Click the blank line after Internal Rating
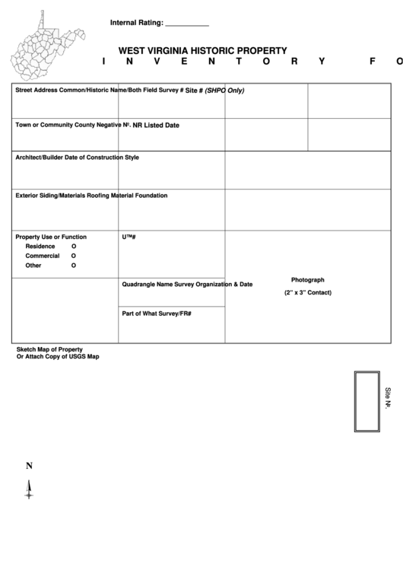pyautogui.click(x=186, y=24)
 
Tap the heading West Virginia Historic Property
pyautogui.click(x=202, y=51)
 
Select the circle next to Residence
pyautogui.click(x=74, y=247)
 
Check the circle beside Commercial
pyautogui.click(x=74, y=256)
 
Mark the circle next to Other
pyautogui.click(x=74, y=266)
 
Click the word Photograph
pyautogui.click(x=307, y=280)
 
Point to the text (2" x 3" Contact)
pyautogui.click(x=308, y=293)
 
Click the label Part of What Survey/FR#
pyautogui.click(x=157, y=314)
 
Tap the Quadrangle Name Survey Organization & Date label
pyautogui.click(x=187, y=285)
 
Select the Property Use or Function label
pyautogui.click(x=51, y=237)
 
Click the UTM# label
pyautogui.click(x=129, y=237)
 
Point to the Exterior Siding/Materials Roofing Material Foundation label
pyautogui.click(x=91, y=196)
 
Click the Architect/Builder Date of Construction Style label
pyautogui.click(x=77, y=158)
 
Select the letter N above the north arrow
pyautogui.click(x=29, y=467)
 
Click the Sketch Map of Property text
pyautogui.click(x=49, y=349)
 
